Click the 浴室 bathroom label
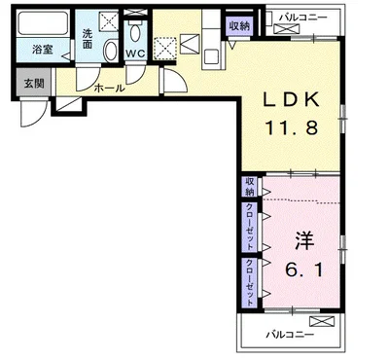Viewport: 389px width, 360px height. [x=43, y=50]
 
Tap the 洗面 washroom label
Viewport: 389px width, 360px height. [x=87, y=39]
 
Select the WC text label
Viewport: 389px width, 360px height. [x=135, y=54]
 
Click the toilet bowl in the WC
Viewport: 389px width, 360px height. [x=134, y=33]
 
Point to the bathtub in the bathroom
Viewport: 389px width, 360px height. [x=43, y=23]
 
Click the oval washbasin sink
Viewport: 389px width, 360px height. [x=111, y=51]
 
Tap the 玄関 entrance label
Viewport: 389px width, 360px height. [x=34, y=84]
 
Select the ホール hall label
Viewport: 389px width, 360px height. [x=109, y=88]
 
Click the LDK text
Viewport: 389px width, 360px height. [x=291, y=99]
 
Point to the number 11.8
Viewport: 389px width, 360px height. [x=292, y=127]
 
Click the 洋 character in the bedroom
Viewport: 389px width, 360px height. [x=304, y=240]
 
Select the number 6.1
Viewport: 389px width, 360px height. [x=303, y=270]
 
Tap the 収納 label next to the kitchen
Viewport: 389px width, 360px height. [x=239, y=26]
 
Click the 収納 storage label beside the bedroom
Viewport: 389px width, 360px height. [x=250, y=187]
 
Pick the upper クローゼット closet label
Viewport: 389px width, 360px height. [x=250, y=227]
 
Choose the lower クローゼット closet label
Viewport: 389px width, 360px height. [x=250, y=282]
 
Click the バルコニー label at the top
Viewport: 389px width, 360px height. [x=303, y=18]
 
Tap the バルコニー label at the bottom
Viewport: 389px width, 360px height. [x=290, y=335]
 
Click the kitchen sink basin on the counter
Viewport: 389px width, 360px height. [x=212, y=56]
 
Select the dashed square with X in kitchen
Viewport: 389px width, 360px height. [x=164, y=49]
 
